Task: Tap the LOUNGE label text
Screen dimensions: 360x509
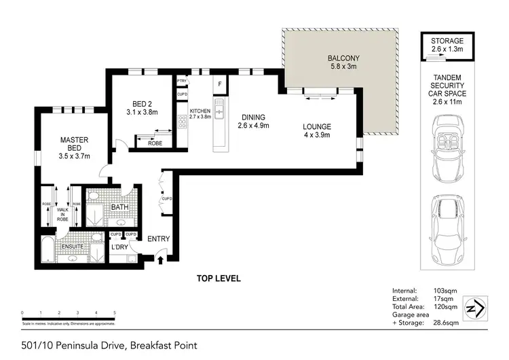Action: (x=317, y=126)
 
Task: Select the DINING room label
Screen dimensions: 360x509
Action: (x=251, y=117)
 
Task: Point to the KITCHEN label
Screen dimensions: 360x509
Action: (x=200, y=110)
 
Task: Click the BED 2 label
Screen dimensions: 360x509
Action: (x=144, y=104)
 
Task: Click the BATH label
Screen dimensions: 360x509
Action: (x=121, y=206)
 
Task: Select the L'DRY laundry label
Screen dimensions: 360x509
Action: (x=119, y=247)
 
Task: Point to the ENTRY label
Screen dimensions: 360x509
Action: (x=158, y=238)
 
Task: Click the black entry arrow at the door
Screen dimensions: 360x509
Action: (x=160, y=258)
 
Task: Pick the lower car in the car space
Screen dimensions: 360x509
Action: (x=447, y=225)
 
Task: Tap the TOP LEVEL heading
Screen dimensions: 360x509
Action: (x=219, y=278)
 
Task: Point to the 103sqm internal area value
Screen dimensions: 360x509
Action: (x=445, y=291)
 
